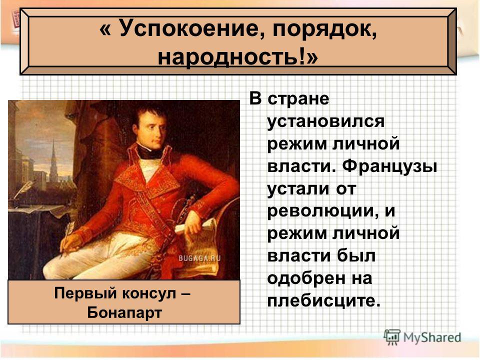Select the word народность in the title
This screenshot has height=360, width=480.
[x=231, y=57]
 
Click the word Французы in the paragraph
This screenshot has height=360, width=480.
[x=389, y=167]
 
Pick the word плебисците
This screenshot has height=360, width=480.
[x=324, y=300]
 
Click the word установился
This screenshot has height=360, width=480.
[x=325, y=121]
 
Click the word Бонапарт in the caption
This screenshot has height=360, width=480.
[x=124, y=312]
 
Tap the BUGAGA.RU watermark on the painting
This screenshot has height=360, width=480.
[x=199, y=258]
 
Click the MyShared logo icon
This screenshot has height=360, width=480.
[x=392, y=337]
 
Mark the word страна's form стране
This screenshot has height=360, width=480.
[x=298, y=99]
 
